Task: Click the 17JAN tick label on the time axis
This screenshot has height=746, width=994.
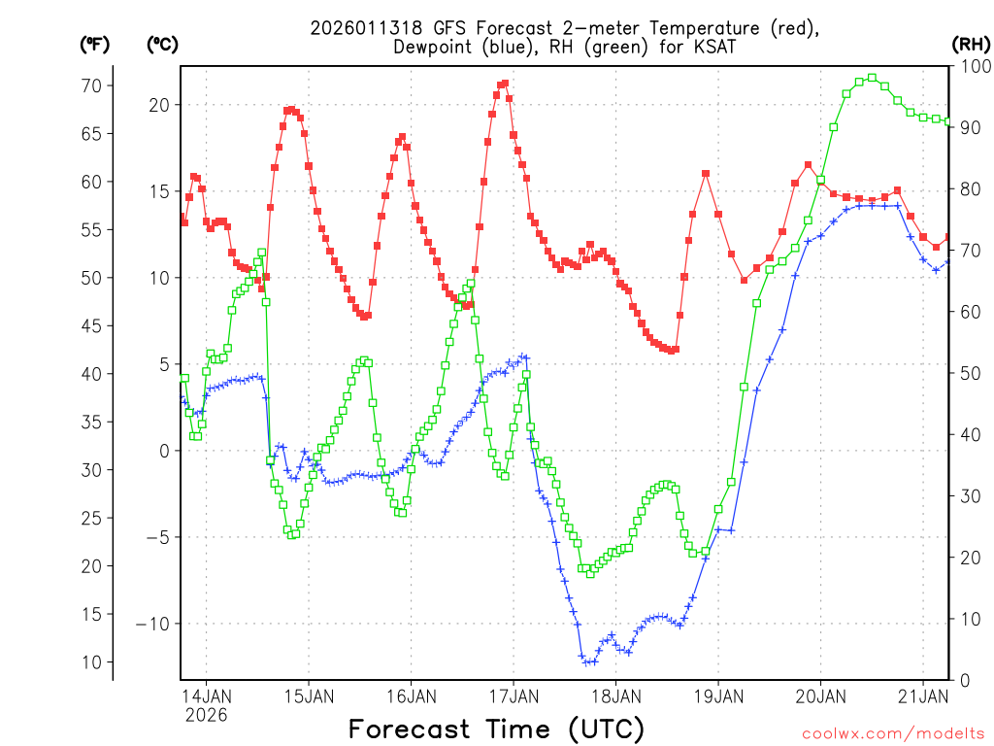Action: pos(514,696)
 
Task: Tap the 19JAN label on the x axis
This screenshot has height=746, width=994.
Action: pos(718,696)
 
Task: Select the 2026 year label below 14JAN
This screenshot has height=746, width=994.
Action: pos(206,715)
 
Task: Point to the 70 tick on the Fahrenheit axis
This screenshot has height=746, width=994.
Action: pos(91,85)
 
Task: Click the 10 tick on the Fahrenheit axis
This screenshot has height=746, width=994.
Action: pos(91,662)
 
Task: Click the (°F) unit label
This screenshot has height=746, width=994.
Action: pos(94,44)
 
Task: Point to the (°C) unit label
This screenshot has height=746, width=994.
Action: pos(162,44)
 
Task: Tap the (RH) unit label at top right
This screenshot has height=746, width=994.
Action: pos(971,44)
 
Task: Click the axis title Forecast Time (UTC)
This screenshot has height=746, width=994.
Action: pos(496,729)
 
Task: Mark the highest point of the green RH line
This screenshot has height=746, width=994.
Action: pos(872,78)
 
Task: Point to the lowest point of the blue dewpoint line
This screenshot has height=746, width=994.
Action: pos(587,662)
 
